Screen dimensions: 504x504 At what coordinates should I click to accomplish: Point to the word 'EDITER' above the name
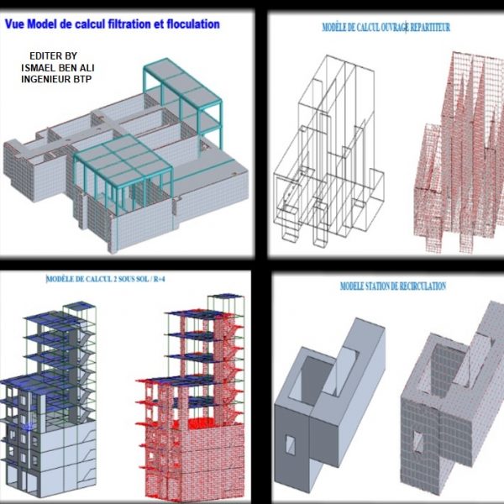42,56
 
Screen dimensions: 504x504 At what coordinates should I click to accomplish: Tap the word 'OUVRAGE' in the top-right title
394,28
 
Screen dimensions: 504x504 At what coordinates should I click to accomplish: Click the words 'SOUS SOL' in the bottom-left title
134,279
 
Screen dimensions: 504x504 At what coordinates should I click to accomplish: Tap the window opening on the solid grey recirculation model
290,445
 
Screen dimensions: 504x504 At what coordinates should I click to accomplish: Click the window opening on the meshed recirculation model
417,441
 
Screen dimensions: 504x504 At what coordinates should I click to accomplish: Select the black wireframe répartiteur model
328,151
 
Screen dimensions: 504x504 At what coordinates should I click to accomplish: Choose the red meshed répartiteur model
459,151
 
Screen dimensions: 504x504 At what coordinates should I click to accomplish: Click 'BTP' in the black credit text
83,79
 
